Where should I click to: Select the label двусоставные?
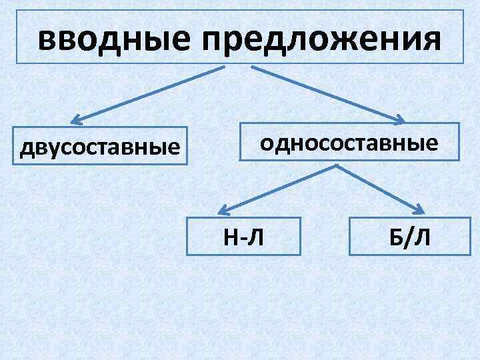click(101, 146)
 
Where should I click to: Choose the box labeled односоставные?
click(349, 142)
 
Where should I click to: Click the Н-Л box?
click(244, 236)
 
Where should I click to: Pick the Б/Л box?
click(405, 236)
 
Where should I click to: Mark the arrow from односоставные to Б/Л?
click(380, 189)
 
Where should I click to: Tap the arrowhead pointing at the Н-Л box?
click(225, 210)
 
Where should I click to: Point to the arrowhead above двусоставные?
click(76, 121)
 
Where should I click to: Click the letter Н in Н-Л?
click(231, 236)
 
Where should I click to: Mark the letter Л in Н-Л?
click(257, 236)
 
